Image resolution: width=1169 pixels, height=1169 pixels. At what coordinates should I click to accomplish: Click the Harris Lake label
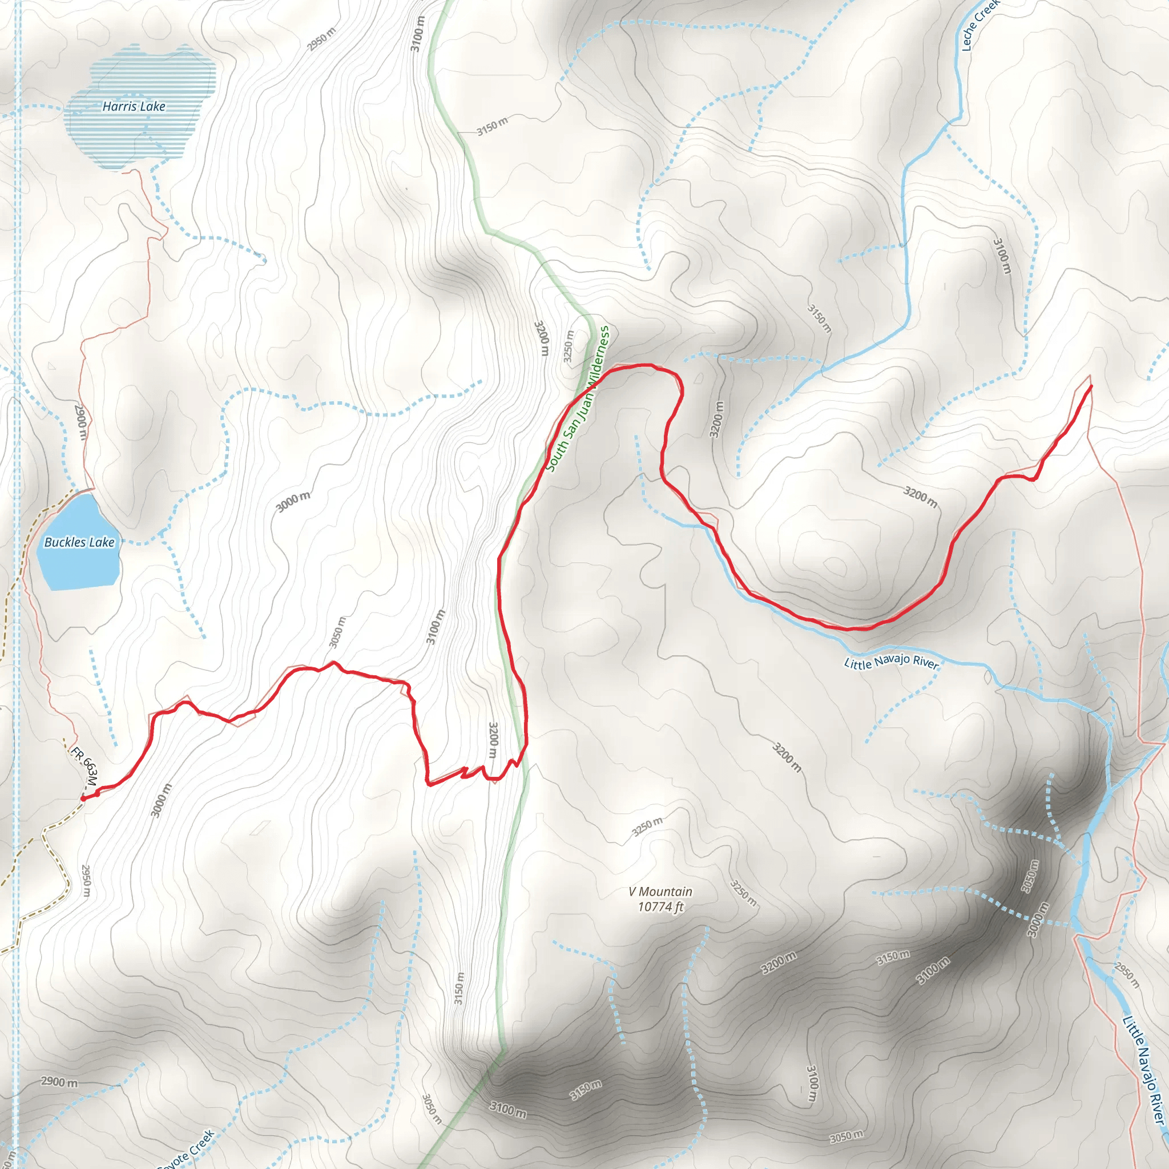[134, 107]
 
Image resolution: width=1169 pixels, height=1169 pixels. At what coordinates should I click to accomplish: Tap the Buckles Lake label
[79, 542]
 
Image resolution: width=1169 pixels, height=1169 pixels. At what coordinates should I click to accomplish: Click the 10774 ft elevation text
[660, 906]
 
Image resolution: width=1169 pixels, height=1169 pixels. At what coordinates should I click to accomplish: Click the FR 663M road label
[84, 768]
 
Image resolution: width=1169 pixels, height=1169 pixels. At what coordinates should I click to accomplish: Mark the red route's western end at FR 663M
[83, 799]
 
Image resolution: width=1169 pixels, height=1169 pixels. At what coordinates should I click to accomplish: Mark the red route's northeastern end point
[1091, 385]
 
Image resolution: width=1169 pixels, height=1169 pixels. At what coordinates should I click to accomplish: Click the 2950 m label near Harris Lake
[321, 39]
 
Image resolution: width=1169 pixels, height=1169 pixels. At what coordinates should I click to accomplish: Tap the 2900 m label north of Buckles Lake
[80, 422]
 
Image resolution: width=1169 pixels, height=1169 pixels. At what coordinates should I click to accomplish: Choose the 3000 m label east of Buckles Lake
[293, 501]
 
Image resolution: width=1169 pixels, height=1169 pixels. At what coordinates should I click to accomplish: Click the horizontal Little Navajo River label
[891, 662]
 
